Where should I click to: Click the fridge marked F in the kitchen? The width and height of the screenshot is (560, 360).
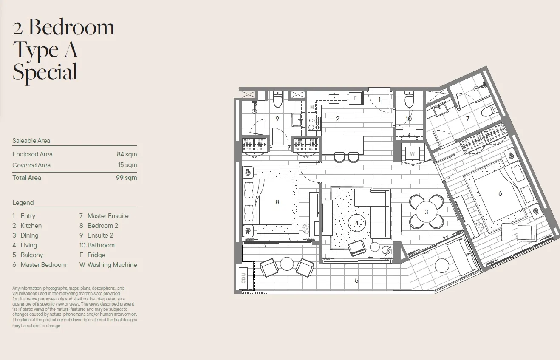pos(355,98)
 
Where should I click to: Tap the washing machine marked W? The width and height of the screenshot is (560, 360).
pos(412,154)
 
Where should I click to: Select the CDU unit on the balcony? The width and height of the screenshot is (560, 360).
pos(243,278)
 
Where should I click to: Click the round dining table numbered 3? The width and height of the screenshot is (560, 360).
pos(427,212)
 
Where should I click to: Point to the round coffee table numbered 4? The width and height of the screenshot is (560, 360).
pos(357,223)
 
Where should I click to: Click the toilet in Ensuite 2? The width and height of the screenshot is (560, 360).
pos(278,99)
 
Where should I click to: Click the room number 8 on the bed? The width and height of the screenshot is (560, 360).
pos(277,202)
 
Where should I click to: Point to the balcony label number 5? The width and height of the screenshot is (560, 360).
pos(357,280)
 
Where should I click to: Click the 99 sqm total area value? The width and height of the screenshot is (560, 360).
pos(126,178)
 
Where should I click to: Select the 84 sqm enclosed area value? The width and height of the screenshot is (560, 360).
pos(127,154)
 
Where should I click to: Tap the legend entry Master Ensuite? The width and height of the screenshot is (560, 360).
pos(108,216)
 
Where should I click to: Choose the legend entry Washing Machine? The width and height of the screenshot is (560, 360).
pos(112,264)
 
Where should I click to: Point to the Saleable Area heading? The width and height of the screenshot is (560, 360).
pos(31,141)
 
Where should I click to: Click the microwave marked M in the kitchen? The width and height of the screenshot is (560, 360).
pos(312,108)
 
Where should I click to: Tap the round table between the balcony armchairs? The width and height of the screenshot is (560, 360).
pos(287,264)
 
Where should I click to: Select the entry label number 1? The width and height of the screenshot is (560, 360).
pos(379,99)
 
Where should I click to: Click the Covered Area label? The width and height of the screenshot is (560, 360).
pos(31,165)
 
